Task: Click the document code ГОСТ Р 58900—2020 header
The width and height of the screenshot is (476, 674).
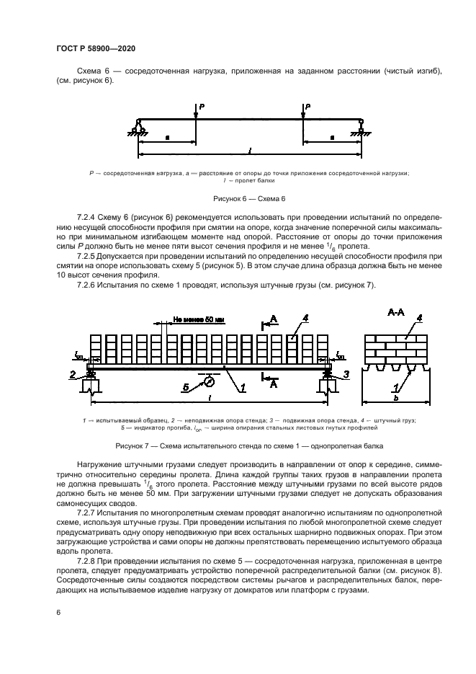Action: [95, 48]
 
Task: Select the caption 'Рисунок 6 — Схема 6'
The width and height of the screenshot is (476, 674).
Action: [249, 198]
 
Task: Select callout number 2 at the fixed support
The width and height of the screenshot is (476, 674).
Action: [73, 373]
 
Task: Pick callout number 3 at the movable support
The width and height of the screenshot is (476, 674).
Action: [347, 373]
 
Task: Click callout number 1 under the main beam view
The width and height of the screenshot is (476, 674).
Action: [242, 387]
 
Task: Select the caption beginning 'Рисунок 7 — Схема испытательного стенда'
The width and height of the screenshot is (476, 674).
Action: [249, 445]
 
